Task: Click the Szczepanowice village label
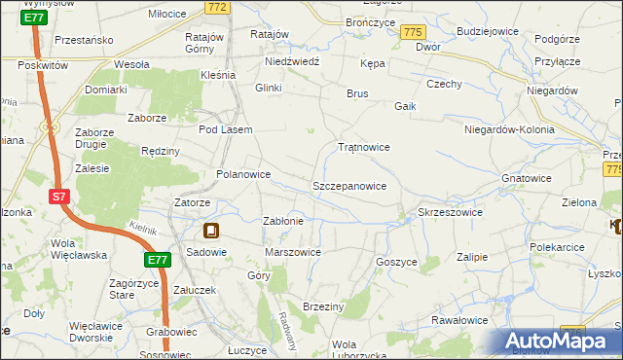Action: [349, 185]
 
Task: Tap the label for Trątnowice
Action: [363, 147]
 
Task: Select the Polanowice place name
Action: [242, 175]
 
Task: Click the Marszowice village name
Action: [293, 252]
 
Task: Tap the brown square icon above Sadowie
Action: [210, 232]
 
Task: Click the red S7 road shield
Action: [59, 197]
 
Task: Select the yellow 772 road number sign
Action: [217, 7]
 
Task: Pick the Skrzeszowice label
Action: [449, 211]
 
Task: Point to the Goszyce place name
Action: [396, 262]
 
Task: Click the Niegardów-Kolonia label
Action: [509, 129]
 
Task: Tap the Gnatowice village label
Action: [526, 179]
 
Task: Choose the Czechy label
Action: [443, 84]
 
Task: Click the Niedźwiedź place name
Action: [292, 60]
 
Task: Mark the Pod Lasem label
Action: [225, 129]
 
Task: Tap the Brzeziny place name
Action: [324, 306]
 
